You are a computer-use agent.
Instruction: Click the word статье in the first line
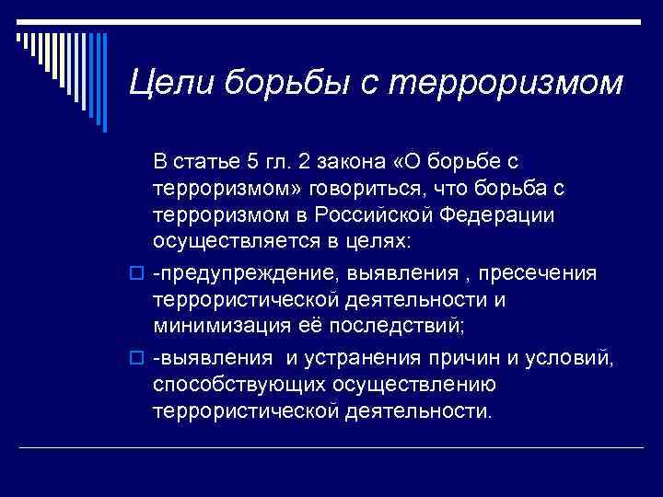pyautogui.click(x=212, y=163)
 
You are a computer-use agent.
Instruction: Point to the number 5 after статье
pyautogui.click(x=253, y=163)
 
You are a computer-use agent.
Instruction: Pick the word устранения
pyautogui.click(x=358, y=359)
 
